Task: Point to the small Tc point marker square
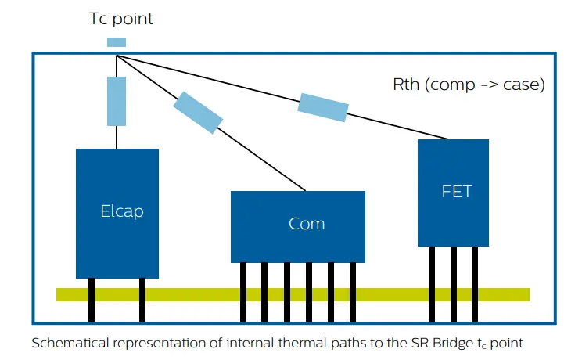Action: [x=116, y=42]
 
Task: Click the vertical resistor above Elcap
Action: [x=117, y=101]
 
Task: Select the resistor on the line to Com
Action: [x=198, y=112]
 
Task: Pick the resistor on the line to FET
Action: [x=322, y=106]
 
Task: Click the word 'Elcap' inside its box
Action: [x=122, y=211]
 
